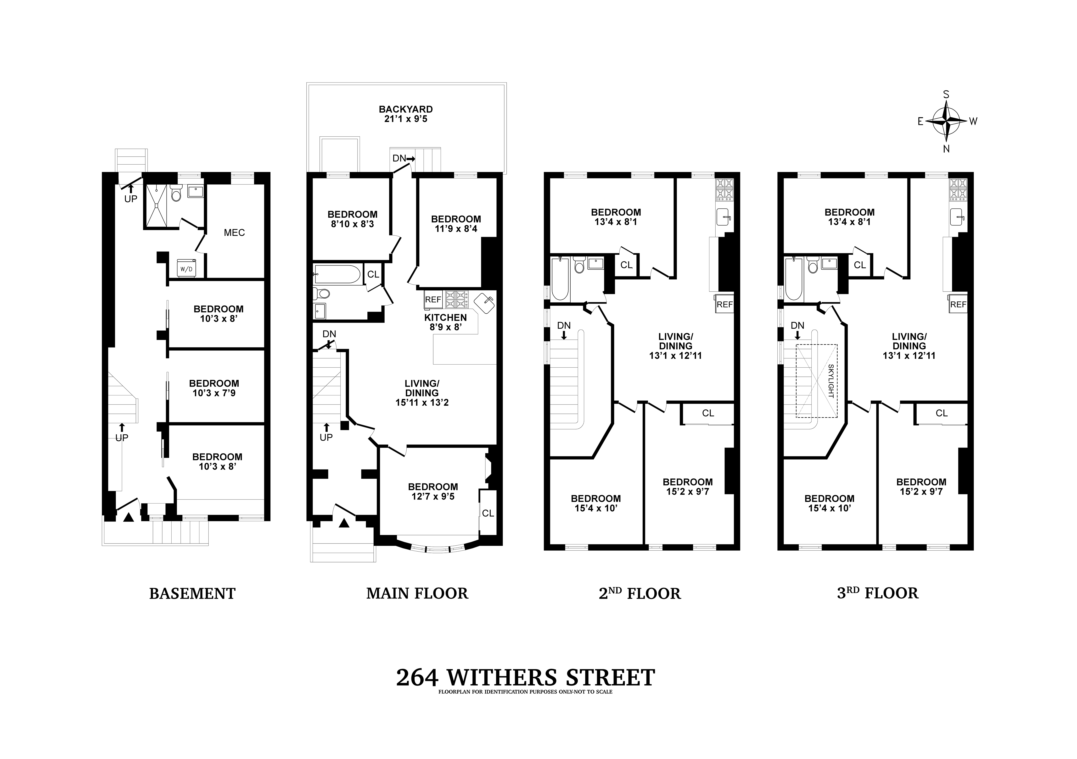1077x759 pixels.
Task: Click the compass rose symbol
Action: (x=946, y=122)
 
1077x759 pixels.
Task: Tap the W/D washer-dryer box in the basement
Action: (x=186, y=269)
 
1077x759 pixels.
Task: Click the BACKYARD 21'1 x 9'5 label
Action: (x=406, y=114)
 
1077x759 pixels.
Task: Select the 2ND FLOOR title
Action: (x=640, y=593)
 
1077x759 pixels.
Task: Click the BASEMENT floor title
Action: (x=192, y=593)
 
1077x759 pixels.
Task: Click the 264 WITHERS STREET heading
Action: (x=525, y=678)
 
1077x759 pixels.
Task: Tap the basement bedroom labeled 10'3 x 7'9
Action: (x=214, y=388)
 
